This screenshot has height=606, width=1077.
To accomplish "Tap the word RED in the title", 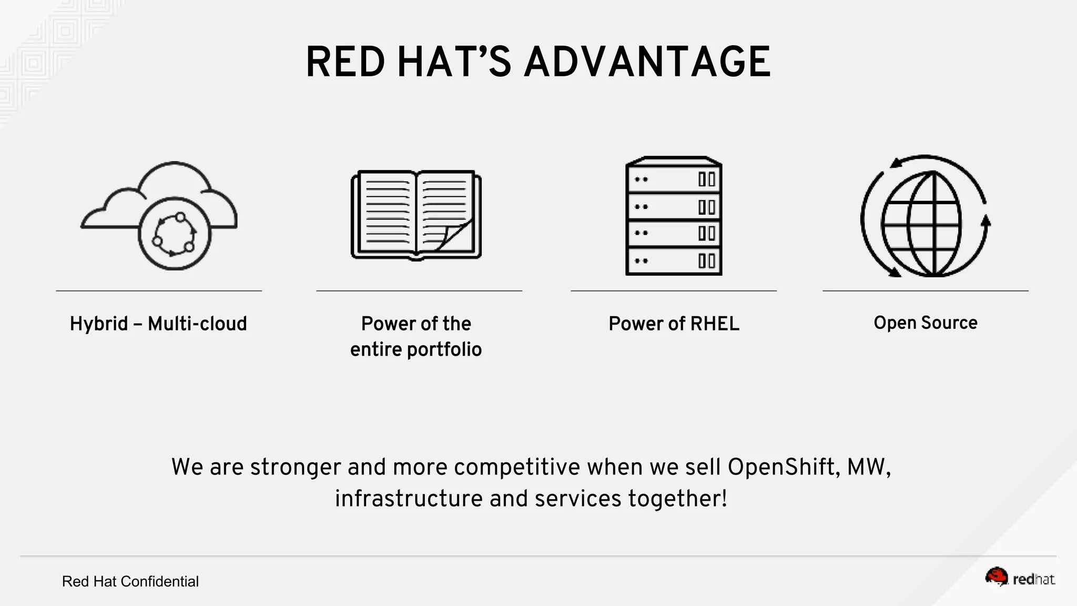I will pyautogui.click(x=346, y=62).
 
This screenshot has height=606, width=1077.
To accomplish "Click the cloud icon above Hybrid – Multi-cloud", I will pyautogui.click(x=159, y=216).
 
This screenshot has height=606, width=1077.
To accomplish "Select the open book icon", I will pyautogui.click(x=416, y=215).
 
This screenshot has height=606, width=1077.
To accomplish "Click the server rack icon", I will pyautogui.click(x=674, y=216).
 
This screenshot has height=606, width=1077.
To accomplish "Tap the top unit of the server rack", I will pyautogui.click(x=674, y=179).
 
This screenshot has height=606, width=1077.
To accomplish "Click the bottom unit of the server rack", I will pyautogui.click(x=674, y=261).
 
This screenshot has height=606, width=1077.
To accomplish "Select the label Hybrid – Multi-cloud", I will pyautogui.click(x=158, y=324).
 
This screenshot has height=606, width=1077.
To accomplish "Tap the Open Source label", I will pyautogui.click(x=925, y=322).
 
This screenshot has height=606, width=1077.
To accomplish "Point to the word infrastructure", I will pyautogui.click(x=409, y=498).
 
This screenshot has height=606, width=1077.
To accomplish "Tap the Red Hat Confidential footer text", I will pyautogui.click(x=130, y=581).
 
